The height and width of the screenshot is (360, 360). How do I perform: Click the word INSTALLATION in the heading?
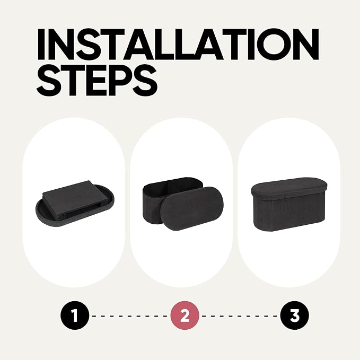tap(178, 44)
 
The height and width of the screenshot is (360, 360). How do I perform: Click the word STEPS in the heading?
tap(97, 80)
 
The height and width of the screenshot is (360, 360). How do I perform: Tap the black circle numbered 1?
tap(75, 315)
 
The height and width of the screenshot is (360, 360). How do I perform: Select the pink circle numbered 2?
tap(185, 315)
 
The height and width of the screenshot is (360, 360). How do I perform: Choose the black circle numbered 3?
tap(295, 315)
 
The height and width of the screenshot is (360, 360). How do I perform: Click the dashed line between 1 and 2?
tap(130, 316)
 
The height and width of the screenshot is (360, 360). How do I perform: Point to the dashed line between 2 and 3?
tap(240, 316)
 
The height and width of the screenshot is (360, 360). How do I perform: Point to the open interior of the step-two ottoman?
tap(173, 187)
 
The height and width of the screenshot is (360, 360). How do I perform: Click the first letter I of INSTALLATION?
tap(41, 45)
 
